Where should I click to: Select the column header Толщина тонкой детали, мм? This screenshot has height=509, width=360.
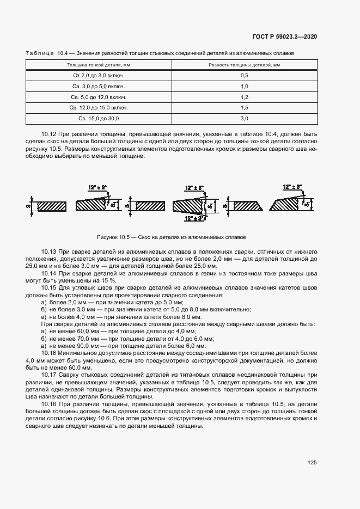[99, 65]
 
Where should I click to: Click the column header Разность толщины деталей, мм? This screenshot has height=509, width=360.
[244, 65]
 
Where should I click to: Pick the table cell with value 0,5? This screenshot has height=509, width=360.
[244, 76]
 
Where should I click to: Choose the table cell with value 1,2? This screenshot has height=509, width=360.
[244, 97]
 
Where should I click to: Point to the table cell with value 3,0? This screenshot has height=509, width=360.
[244, 118]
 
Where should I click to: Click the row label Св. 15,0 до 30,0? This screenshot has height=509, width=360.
[99, 118]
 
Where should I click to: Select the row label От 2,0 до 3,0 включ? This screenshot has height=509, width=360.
[99, 76]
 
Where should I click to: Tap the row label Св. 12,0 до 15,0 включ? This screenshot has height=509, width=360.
[99, 108]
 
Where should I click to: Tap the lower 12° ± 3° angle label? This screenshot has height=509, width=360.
[194, 218]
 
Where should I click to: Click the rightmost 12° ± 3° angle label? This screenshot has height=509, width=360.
[292, 187]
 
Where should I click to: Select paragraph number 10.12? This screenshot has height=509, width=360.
[49, 134]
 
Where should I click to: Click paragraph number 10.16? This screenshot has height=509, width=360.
[49, 353]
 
